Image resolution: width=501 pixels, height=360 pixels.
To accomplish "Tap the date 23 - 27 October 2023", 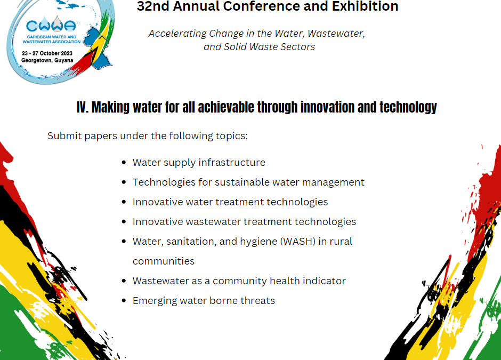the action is [x=47, y=53].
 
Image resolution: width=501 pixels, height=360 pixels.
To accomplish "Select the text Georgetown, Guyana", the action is [x=47, y=60].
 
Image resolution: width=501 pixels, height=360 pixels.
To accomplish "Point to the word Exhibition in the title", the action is [x=365, y=6].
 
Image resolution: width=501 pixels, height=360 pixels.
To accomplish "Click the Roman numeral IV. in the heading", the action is [x=83, y=107].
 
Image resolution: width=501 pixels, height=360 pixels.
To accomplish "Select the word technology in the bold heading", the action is [x=408, y=108].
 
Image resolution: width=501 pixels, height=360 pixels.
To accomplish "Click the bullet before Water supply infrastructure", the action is [x=124, y=163].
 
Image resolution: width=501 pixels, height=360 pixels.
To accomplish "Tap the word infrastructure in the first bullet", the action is [x=235, y=163].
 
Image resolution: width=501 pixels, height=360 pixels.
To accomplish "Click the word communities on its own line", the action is [x=164, y=261].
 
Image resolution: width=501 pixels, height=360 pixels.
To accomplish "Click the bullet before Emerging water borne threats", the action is [x=124, y=300].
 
